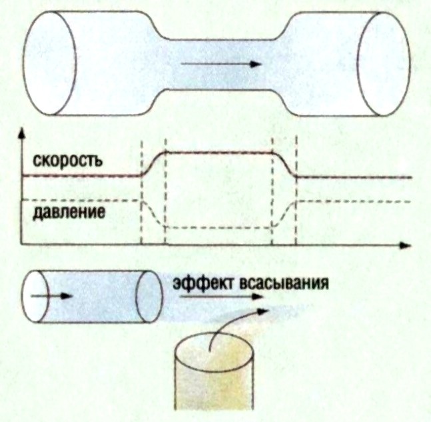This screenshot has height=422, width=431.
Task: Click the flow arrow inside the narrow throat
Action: click(220, 65)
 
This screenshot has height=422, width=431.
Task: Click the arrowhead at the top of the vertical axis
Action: click(23, 131)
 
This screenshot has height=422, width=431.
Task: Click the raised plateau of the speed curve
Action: click(220, 153)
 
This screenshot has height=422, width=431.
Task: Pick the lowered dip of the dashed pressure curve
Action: click(220, 228)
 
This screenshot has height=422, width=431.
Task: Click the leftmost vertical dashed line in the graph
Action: click(142, 193)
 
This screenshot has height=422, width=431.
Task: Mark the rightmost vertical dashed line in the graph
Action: click(296, 193)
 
